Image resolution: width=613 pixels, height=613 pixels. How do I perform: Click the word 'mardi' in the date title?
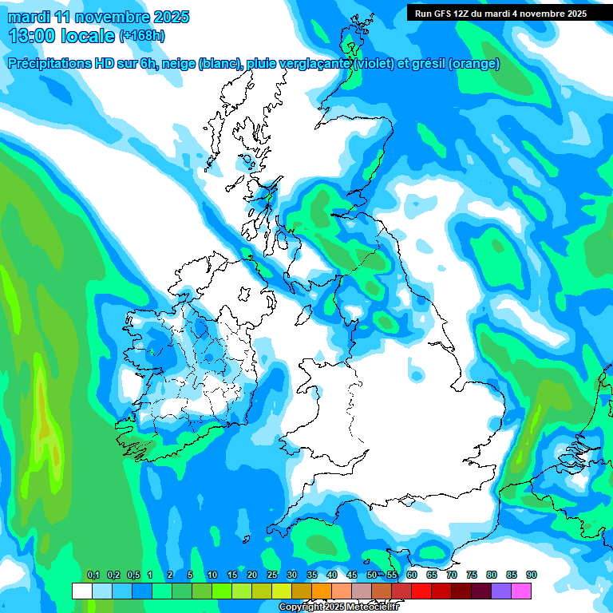click(x=28, y=17)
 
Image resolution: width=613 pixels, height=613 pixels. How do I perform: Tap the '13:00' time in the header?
click(x=33, y=36)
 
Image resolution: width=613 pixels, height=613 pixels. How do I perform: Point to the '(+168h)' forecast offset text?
click(x=141, y=36)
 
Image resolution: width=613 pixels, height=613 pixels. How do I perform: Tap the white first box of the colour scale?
click(x=81, y=591)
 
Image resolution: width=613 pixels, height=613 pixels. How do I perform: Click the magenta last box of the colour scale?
click(x=520, y=591)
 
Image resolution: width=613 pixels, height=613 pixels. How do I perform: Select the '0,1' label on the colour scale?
click(x=93, y=575)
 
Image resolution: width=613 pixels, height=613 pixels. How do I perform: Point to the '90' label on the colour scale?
click(x=532, y=575)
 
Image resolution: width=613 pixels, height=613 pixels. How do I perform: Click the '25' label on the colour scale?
click(x=272, y=575)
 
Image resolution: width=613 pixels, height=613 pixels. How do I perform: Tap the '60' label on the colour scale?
click(x=412, y=575)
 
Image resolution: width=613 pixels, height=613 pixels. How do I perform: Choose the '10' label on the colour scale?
click(x=212, y=575)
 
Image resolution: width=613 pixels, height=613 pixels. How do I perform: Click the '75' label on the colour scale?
click(x=472, y=575)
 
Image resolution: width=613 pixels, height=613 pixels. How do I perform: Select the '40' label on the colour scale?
click(x=332, y=575)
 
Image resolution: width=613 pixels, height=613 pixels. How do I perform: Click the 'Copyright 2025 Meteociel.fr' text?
click(x=338, y=607)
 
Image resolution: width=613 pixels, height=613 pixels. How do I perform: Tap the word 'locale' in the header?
click(x=88, y=36)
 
